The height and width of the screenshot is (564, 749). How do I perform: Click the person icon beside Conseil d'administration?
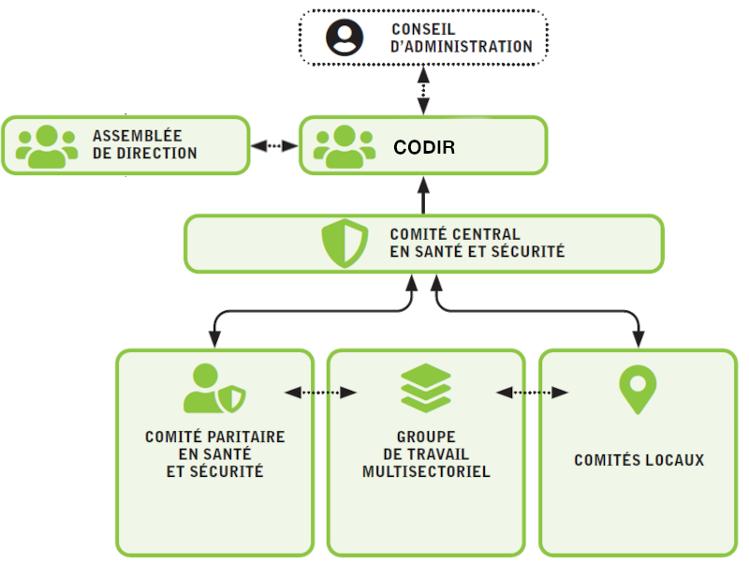point(344,37)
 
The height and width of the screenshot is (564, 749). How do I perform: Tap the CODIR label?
point(424,147)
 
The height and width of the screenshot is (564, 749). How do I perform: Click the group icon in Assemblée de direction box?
point(47,146)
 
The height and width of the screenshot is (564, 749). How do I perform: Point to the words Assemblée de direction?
point(144,145)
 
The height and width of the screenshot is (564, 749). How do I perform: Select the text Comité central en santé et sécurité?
point(477,243)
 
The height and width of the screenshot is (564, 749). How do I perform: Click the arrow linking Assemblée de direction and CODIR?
point(274,146)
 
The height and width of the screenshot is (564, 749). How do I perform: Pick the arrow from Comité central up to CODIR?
point(423,194)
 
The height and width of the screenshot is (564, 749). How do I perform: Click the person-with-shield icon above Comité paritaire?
point(214,390)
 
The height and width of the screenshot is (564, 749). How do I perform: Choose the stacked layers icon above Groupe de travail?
point(426,388)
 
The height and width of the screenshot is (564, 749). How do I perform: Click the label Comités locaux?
point(639,460)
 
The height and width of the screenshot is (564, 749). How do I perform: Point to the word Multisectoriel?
point(426,471)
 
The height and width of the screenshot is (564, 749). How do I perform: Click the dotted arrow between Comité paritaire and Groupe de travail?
point(320,393)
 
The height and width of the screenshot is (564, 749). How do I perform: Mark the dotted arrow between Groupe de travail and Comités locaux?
point(533,393)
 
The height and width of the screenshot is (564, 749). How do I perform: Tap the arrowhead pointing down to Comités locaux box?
point(639,341)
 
